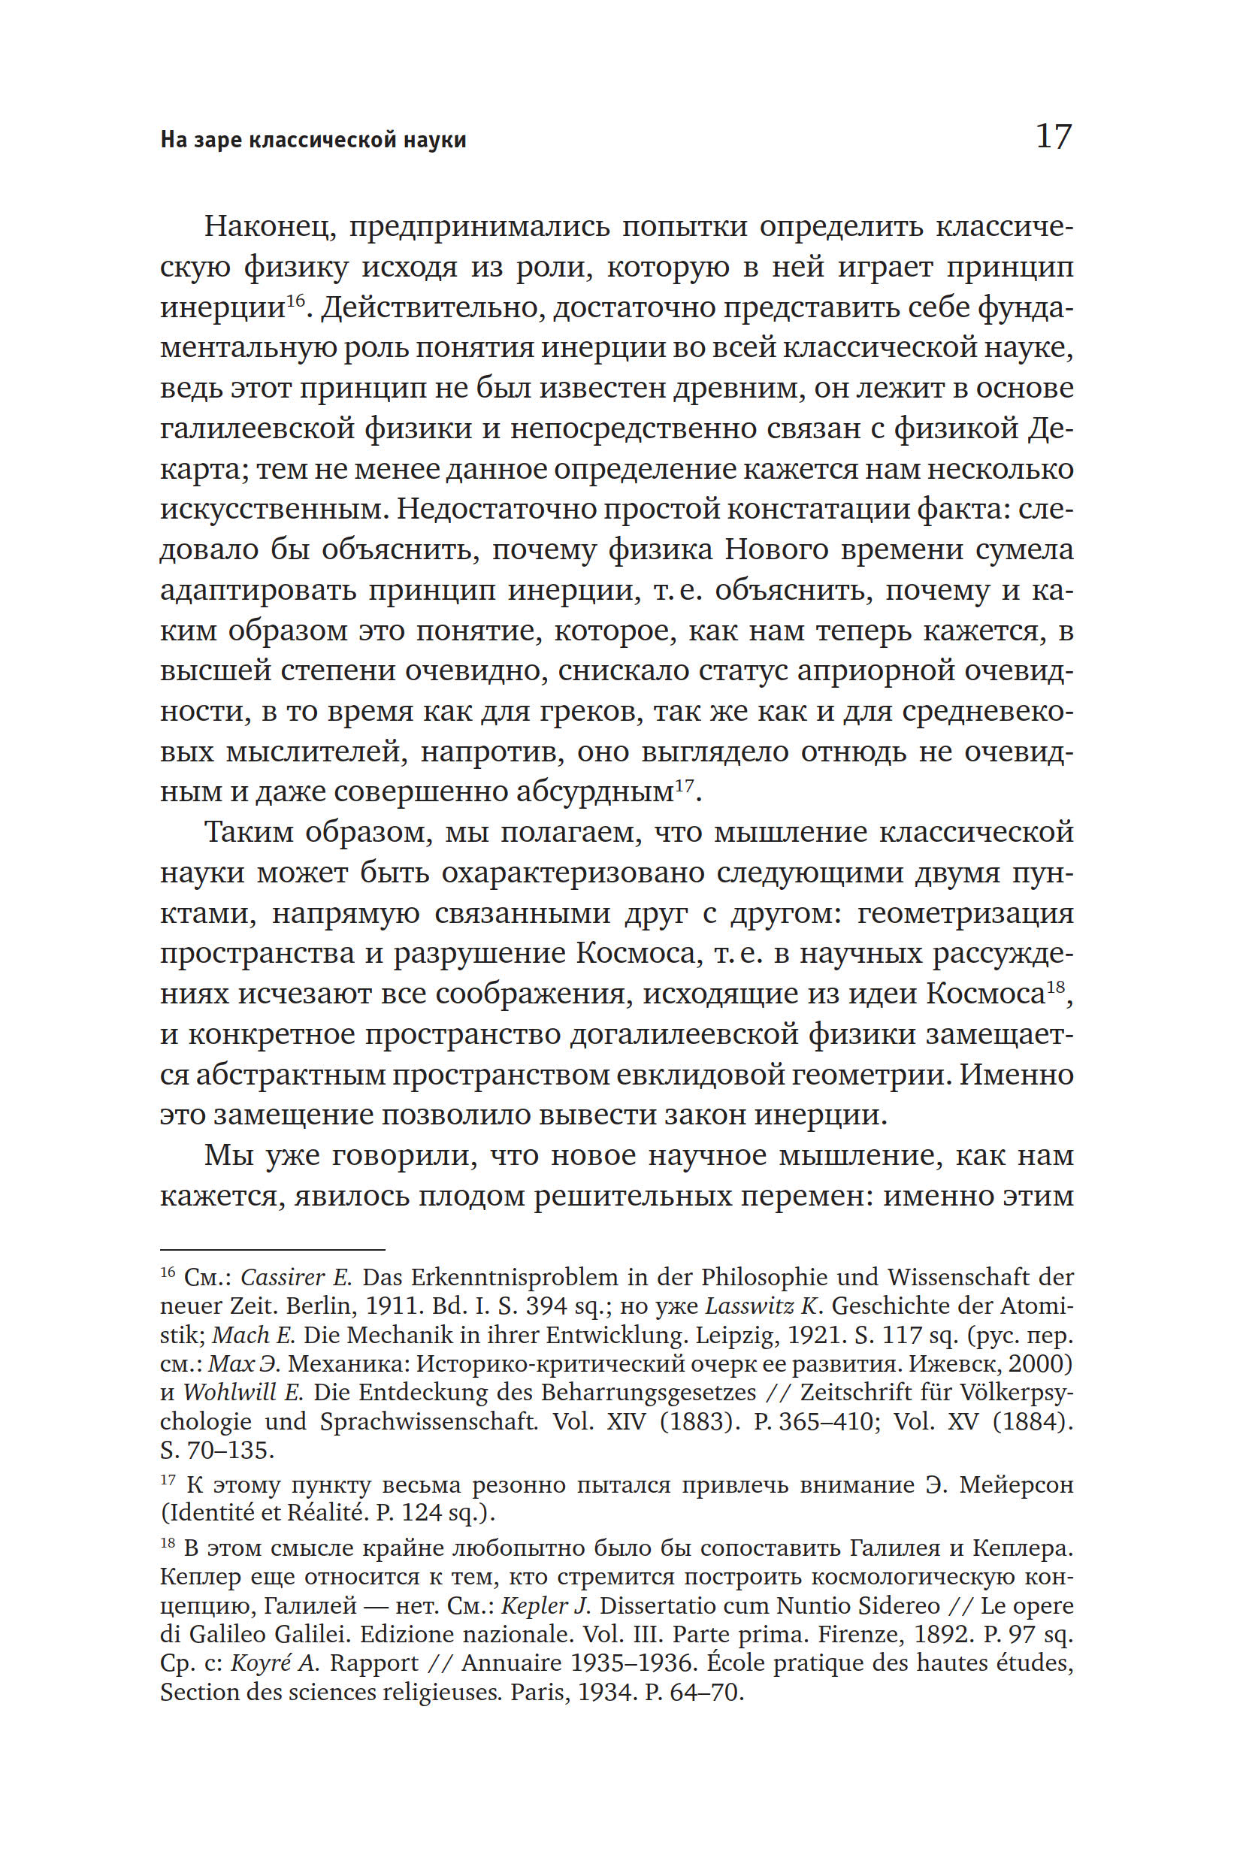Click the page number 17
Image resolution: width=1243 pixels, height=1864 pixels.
pyautogui.click(x=1054, y=136)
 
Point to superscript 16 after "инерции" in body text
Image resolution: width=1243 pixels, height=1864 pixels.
pyautogui.click(x=295, y=301)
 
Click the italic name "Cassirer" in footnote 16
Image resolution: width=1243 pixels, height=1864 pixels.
pyautogui.click(x=284, y=1277)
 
